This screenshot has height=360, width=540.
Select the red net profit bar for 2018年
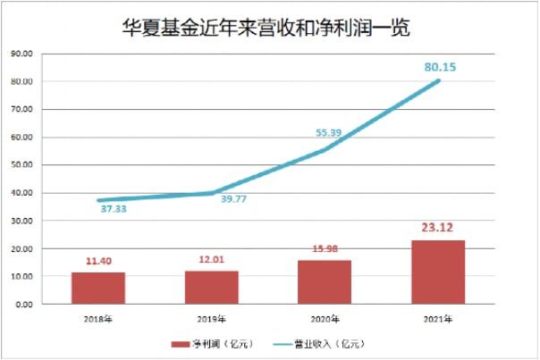tap(98, 288)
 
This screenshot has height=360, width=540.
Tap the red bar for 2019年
tap(211, 287)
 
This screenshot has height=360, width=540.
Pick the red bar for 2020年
tap(325, 281)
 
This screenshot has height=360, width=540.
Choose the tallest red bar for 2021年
tap(438, 272)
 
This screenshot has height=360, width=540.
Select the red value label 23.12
tap(438, 227)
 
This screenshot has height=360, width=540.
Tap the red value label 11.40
tap(98, 261)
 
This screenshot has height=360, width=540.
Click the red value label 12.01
tap(212, 259)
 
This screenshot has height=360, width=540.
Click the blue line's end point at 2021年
tap(438, 81)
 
